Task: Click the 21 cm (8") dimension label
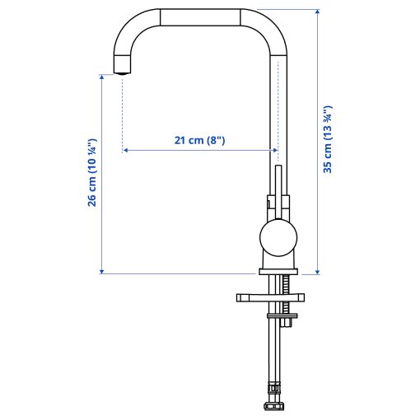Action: coord(199,140)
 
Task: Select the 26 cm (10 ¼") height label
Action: coord(93,173)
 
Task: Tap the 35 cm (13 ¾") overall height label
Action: coord(327,139)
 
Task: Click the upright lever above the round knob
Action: coord(278,189)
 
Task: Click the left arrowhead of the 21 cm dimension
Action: coord(126,151)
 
